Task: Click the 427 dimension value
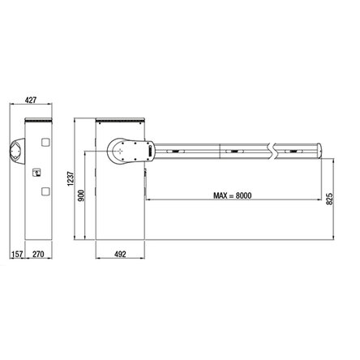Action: coord(31,100)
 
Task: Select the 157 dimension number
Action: coord(16,255)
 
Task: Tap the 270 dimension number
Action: coord(38,255)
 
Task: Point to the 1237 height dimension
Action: coord(71,178)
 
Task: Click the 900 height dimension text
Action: coord(81,195)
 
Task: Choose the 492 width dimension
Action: coord(120,255)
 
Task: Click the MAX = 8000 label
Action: coord(233,195)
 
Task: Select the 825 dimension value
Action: coord(330,199)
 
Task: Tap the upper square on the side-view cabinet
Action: coord(45,142)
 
